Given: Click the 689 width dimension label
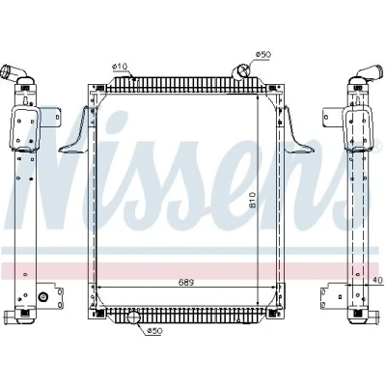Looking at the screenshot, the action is [186, 282].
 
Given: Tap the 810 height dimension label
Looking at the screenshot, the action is [252, 200].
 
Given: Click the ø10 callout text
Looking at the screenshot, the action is [120, 67].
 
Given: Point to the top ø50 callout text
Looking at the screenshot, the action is [263, 54].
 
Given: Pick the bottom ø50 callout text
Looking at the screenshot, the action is [154, 330].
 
